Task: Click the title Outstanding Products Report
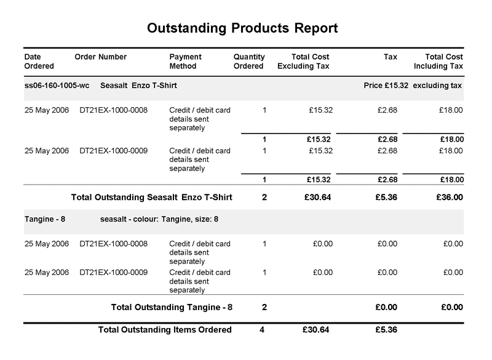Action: (243, 28)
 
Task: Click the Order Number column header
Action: (100, 57)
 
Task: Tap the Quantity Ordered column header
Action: (248, 62)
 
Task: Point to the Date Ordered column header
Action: (39, 62)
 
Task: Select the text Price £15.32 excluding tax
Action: (413, 86)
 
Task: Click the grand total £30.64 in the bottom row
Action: (316, 330)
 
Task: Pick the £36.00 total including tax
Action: (450, 198)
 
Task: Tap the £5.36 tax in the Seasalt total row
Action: (386, 198)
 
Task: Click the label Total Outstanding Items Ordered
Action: (165, 330)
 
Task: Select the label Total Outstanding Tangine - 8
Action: (172, 306)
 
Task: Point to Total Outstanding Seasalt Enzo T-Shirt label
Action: (151, 198)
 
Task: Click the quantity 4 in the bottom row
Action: (262, 330)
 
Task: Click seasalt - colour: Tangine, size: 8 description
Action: (159, 219)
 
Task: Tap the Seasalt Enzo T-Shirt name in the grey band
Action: (138, 86)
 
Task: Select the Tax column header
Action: (391, 57)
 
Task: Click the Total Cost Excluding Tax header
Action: (304, 62)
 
